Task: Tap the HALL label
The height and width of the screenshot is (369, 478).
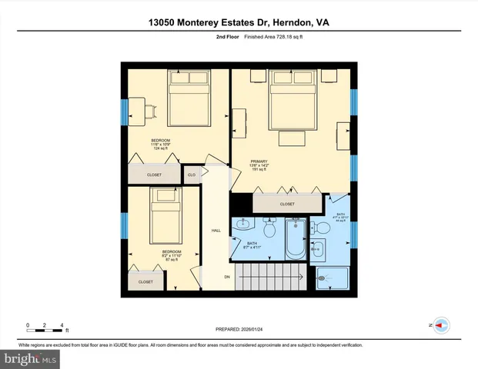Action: pos(216,230)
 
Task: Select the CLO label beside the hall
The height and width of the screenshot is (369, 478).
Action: pos(192,175)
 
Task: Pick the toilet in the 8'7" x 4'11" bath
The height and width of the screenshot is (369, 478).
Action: pos(269,229)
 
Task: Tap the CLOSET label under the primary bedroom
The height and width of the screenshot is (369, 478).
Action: pos(286,204)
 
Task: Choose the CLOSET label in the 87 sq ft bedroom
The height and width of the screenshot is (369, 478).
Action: pos(145,282)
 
